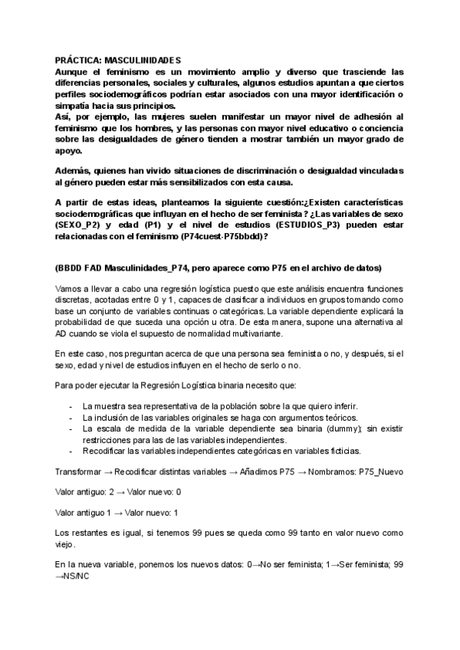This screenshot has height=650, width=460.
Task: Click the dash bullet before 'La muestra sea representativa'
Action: (71, 405)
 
